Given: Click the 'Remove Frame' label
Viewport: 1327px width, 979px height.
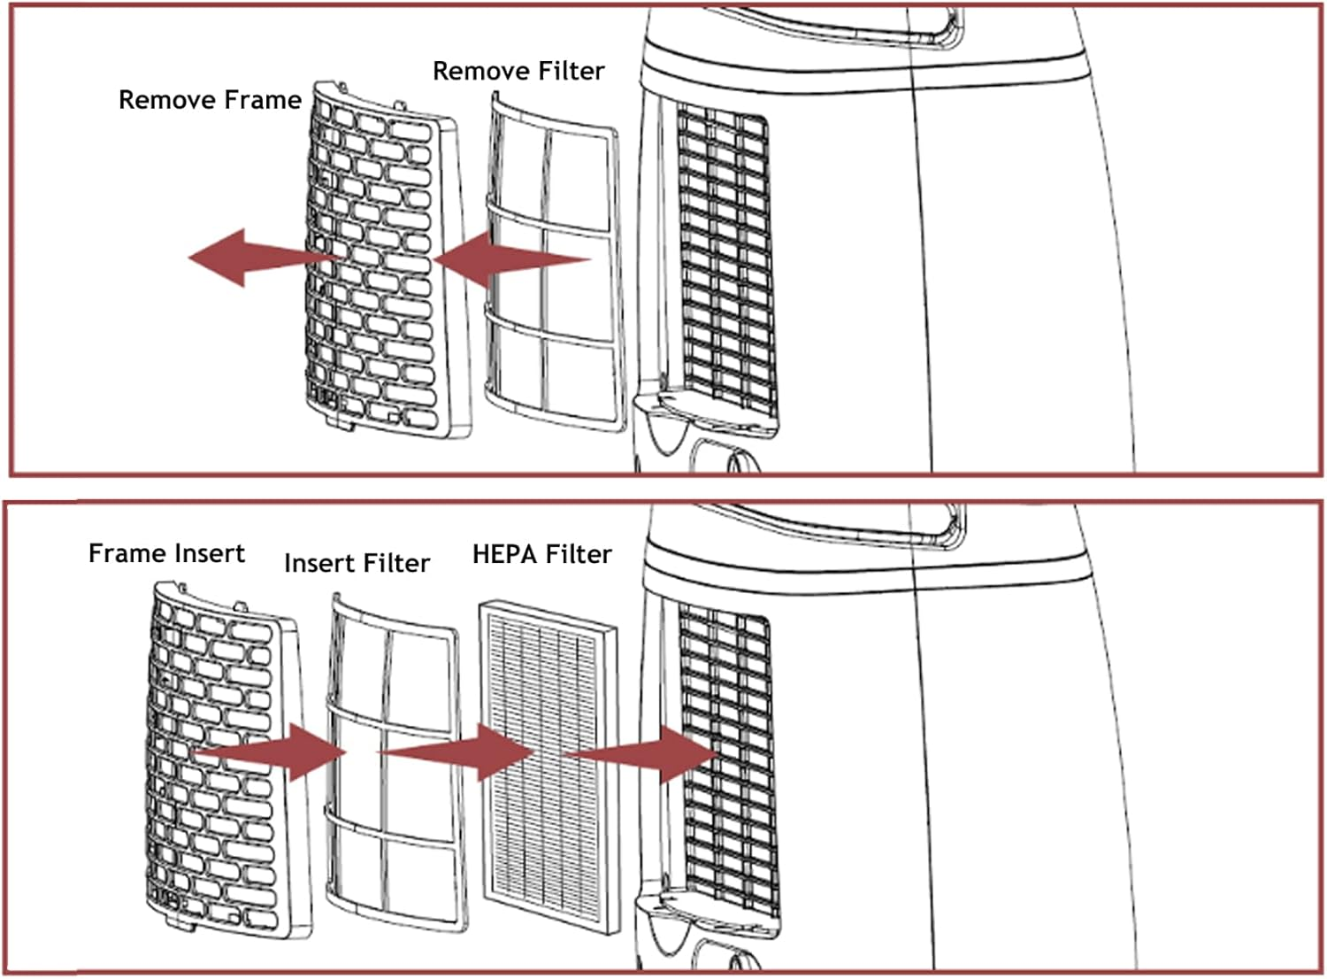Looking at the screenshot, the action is (x=211, y=99).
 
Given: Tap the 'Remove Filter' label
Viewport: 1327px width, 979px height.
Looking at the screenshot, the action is (x=519, y=71).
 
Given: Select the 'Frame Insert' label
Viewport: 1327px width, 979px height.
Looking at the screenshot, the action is (x=166, y=553).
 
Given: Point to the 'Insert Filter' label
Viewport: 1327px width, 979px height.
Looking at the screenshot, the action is (x=357, y=563).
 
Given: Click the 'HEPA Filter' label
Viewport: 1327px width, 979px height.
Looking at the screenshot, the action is (x=542, y=554).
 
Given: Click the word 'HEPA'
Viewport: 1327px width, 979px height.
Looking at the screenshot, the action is (x=505, y=554).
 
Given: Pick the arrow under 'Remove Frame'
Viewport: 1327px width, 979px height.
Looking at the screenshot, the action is (x=265, y=258).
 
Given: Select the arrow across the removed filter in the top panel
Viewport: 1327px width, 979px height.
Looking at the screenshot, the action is (x=512, y=259).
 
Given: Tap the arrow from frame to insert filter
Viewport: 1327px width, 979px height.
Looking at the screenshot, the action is (x=270, y=752).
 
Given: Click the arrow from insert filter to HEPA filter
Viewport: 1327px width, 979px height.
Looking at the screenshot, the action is (x=456, y=752).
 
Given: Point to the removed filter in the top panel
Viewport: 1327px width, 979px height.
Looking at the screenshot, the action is (x=556, y=261).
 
